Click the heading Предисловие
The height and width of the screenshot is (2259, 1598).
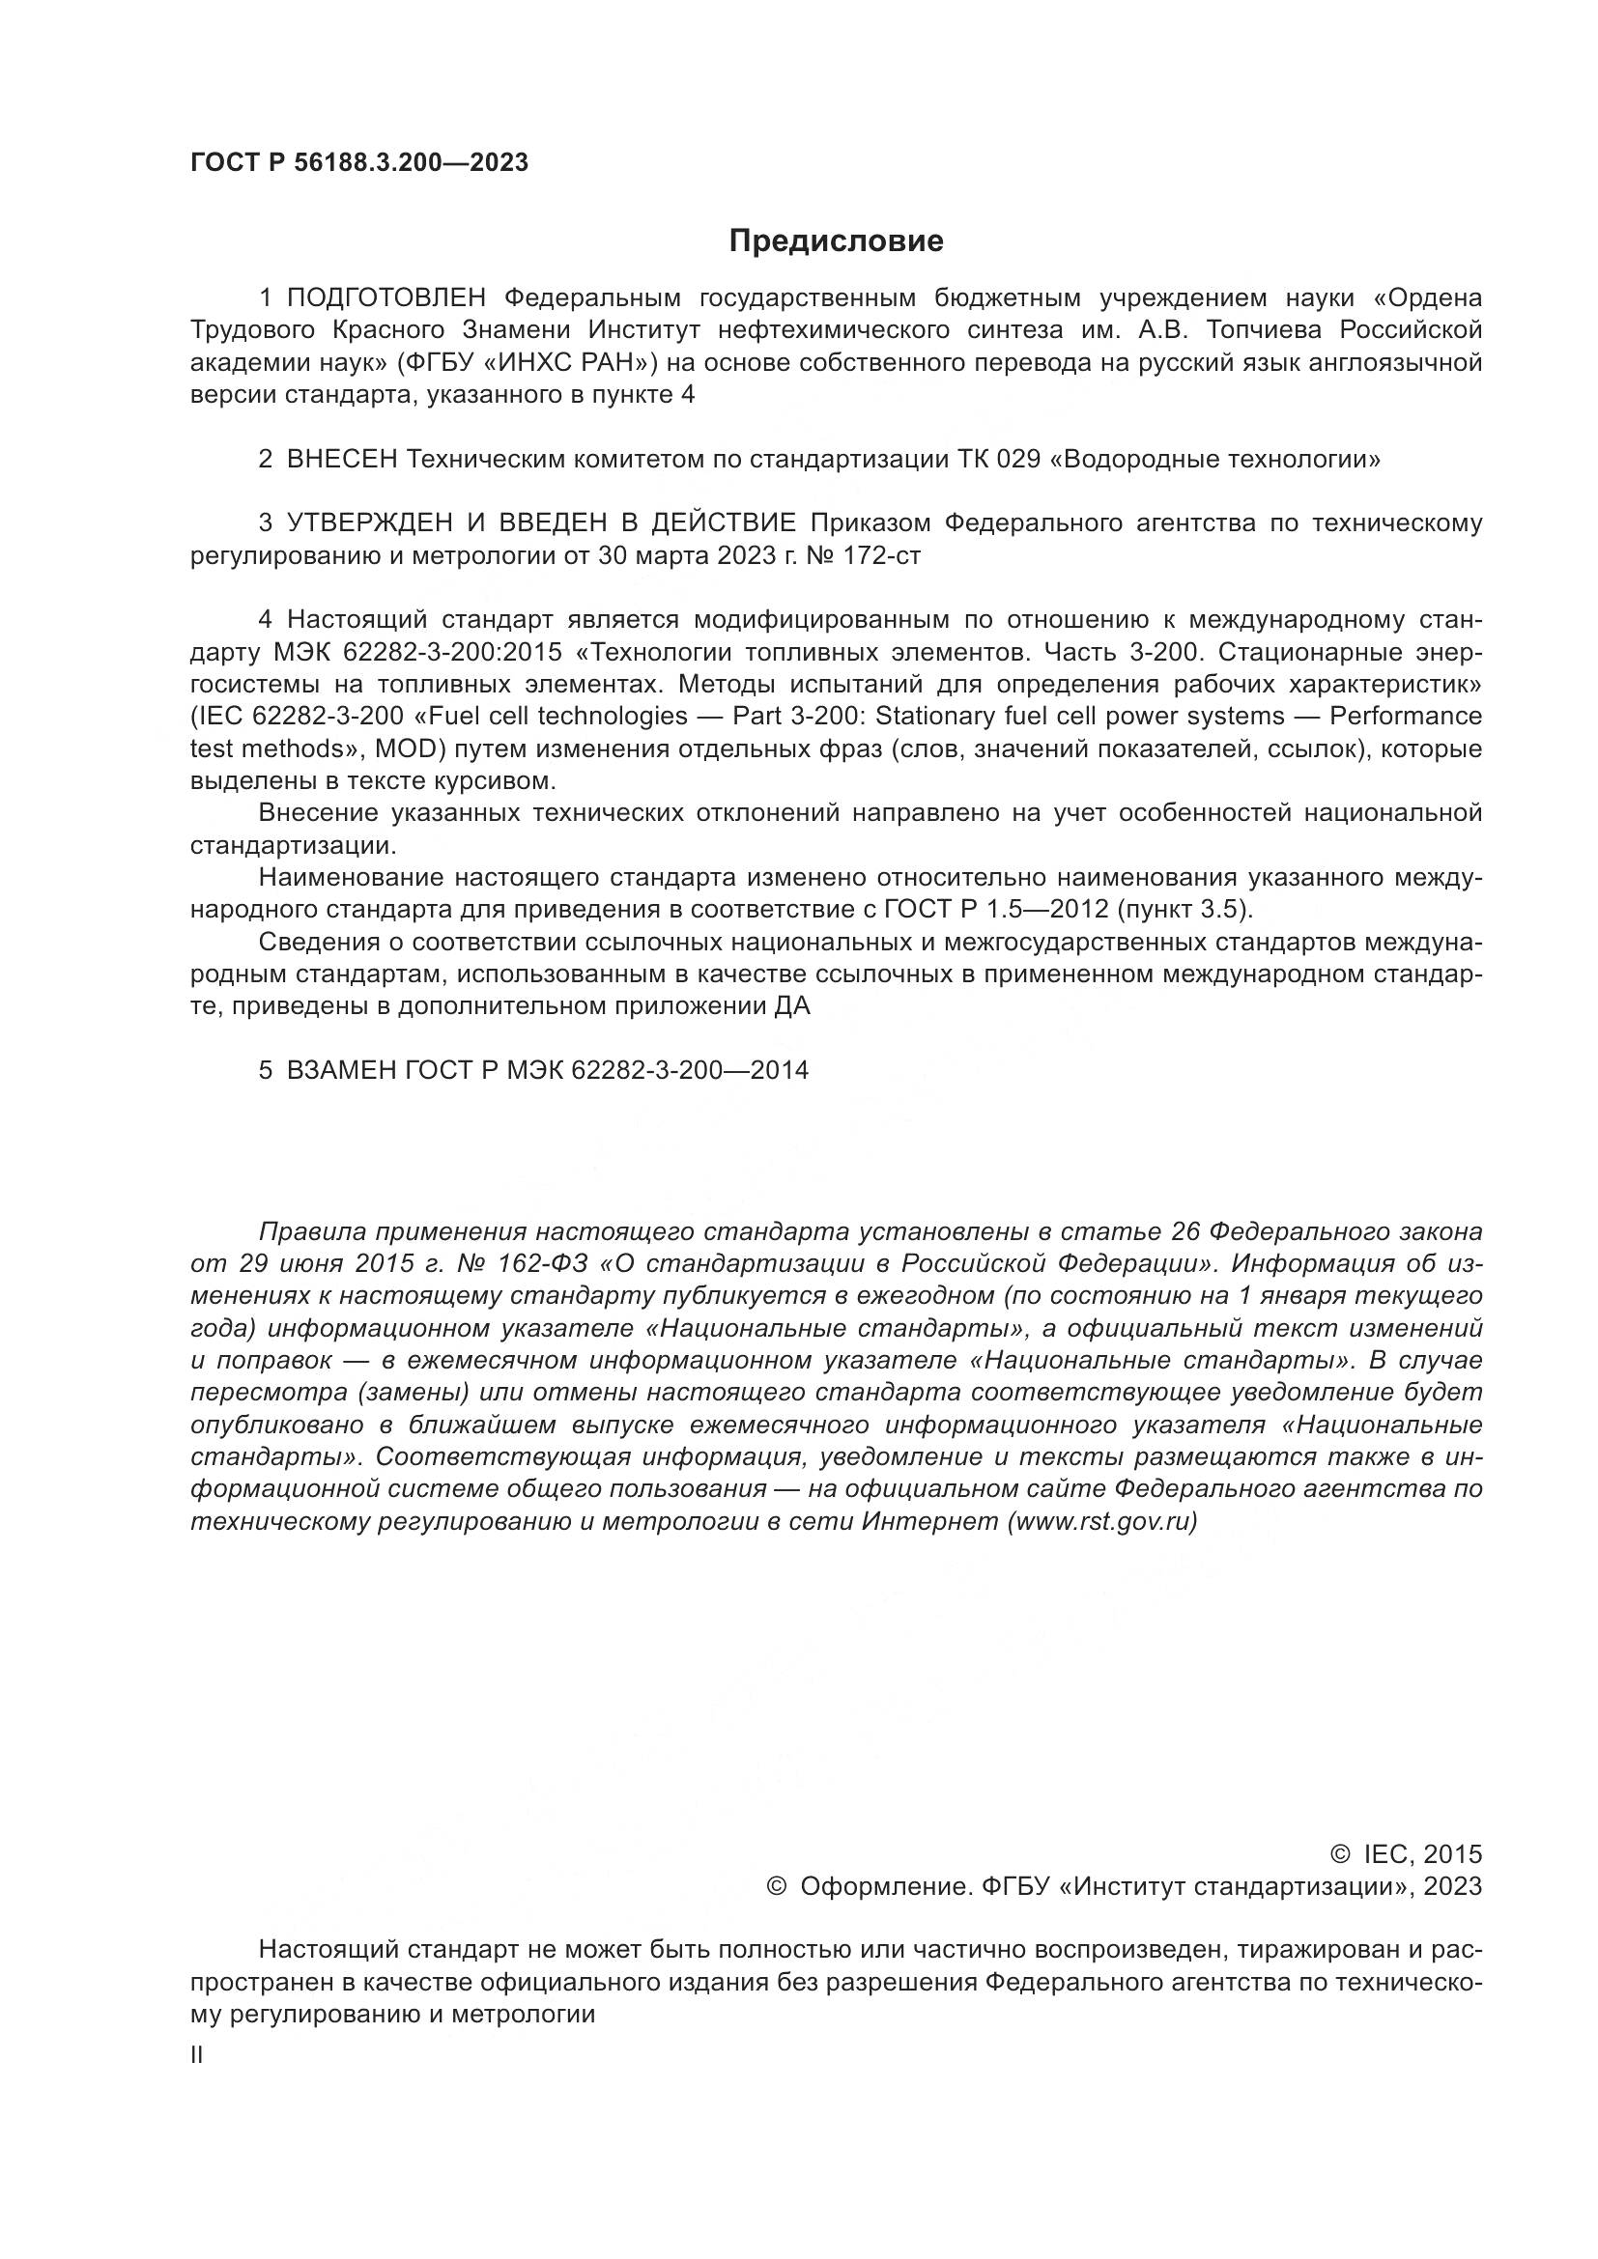(836, 241)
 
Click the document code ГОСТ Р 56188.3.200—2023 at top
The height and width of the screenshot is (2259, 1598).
(359, 163)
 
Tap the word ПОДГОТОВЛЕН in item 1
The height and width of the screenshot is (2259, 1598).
(385, 298)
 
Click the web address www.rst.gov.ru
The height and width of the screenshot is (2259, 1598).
(1102, 1521)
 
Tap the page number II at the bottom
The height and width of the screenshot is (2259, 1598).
(197, 2055)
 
